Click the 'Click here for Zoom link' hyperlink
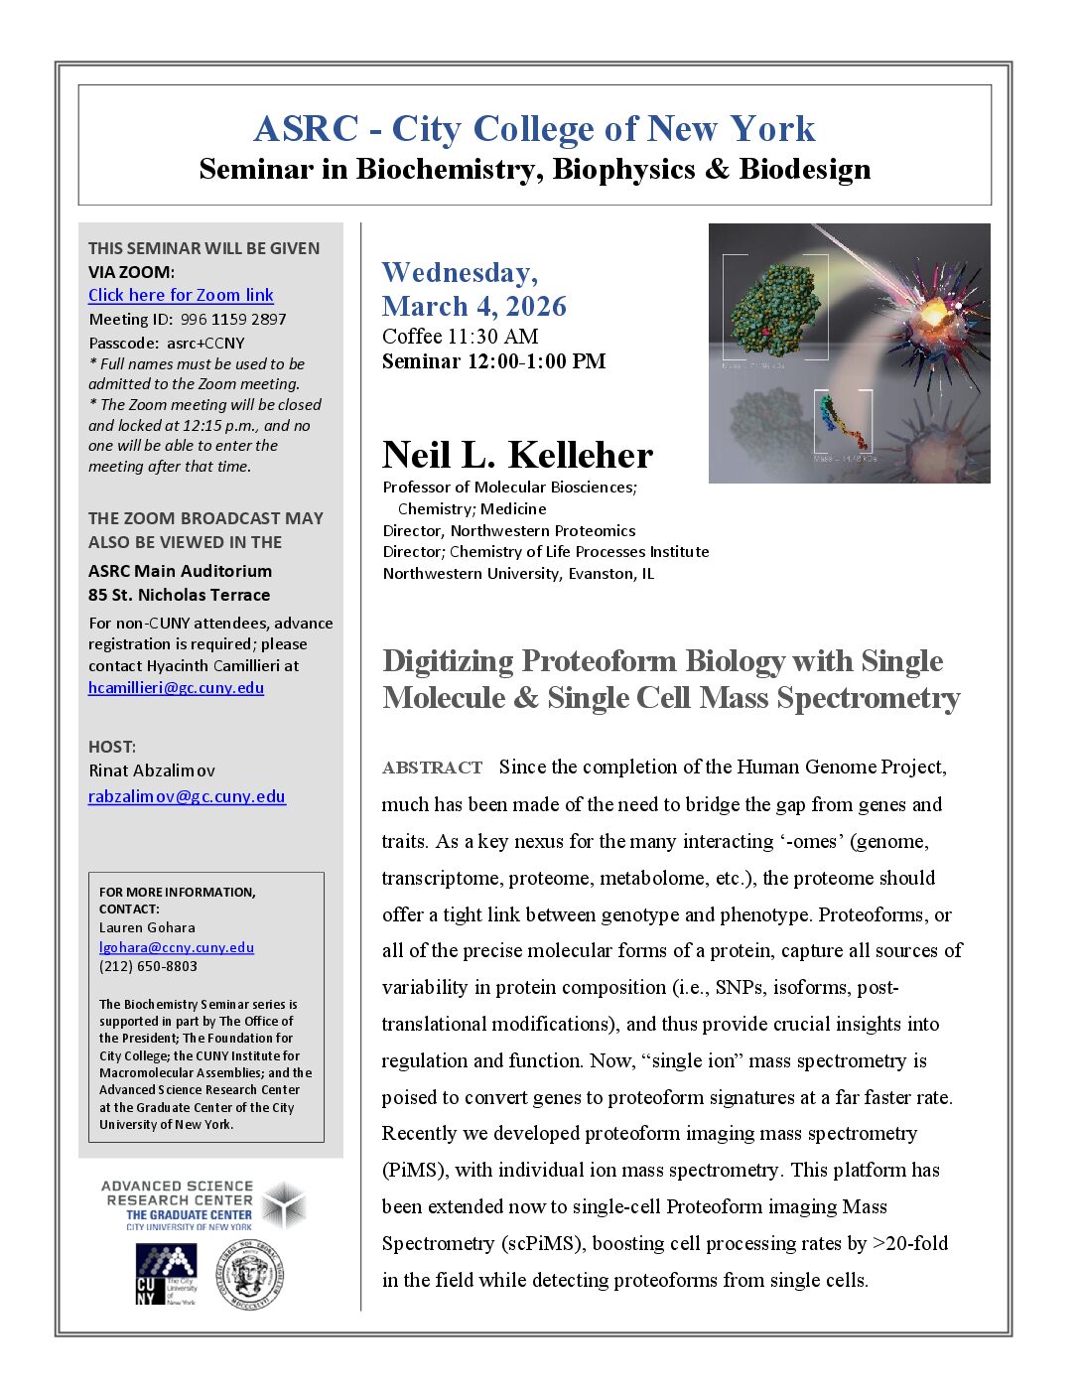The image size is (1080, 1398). coord(181,295)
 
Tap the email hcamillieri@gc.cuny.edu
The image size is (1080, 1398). coord(176,687)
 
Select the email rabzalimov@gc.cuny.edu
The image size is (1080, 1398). coord(187,796)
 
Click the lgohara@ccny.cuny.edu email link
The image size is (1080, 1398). coord(176,947)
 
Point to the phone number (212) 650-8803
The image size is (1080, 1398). coord(148,966)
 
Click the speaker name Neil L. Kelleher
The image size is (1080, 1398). coord(517,455)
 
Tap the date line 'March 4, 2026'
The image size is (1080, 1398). coord(473,306)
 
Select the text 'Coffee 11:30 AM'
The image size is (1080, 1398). coord(460,337)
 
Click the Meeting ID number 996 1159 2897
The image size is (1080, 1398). coord(233,320)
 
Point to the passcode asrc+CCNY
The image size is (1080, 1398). coord(205,344)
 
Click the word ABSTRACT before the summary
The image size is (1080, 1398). coord(432,768)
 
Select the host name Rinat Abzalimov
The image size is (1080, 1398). coord(151,770)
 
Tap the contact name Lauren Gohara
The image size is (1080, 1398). coord(147,927)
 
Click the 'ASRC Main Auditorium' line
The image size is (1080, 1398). coord(180,571)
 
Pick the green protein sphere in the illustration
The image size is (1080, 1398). coord(774,306)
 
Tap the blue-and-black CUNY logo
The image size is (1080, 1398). coord(166,1274)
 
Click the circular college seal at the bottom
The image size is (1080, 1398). coord(251,1275)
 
